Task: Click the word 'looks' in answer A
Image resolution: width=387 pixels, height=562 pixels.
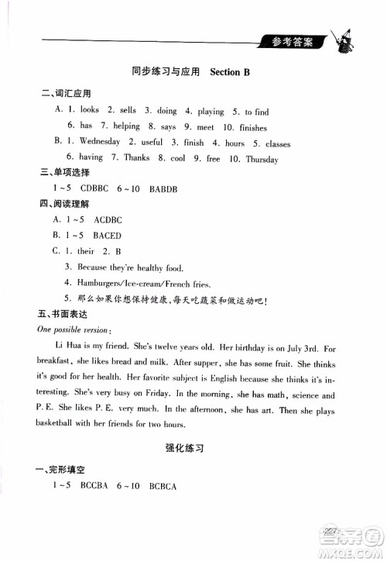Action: pos(90,110)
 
